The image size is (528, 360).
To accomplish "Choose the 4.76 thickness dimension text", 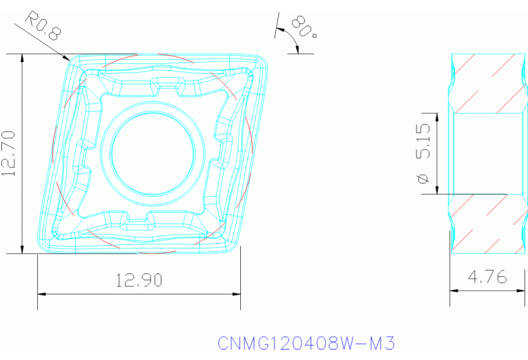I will (487, 277).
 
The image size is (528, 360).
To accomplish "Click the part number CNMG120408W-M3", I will (306, 343).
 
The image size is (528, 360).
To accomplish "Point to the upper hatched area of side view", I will (487, 83).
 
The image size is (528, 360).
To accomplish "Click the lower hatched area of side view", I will (487, 224).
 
